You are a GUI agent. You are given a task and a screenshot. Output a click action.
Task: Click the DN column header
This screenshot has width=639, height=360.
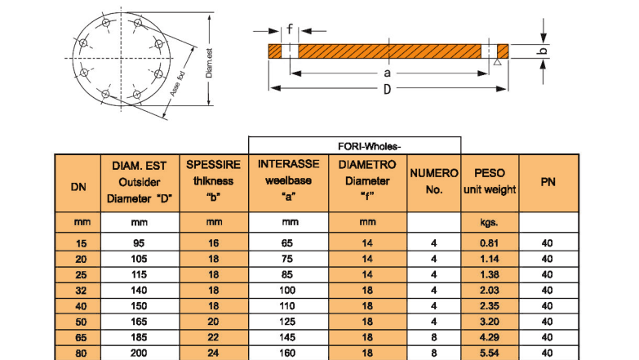point(78,183)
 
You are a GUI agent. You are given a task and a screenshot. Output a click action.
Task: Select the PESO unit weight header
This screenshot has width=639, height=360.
point(490,182)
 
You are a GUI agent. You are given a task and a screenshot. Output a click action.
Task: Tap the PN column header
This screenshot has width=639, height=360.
point(548,182)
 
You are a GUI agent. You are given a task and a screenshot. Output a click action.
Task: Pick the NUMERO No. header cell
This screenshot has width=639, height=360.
point(434,182)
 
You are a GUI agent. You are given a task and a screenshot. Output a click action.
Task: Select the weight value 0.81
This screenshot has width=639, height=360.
point(490,242)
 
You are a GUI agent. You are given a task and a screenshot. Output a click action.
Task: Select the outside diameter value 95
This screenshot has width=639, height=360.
point(139,242)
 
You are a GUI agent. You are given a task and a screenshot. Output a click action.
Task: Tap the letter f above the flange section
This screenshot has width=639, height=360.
point(289,29)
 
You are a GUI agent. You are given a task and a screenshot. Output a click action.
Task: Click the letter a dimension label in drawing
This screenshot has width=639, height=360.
point(386,73)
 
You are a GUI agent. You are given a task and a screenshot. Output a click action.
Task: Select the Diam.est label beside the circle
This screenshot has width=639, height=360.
point(210,63)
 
